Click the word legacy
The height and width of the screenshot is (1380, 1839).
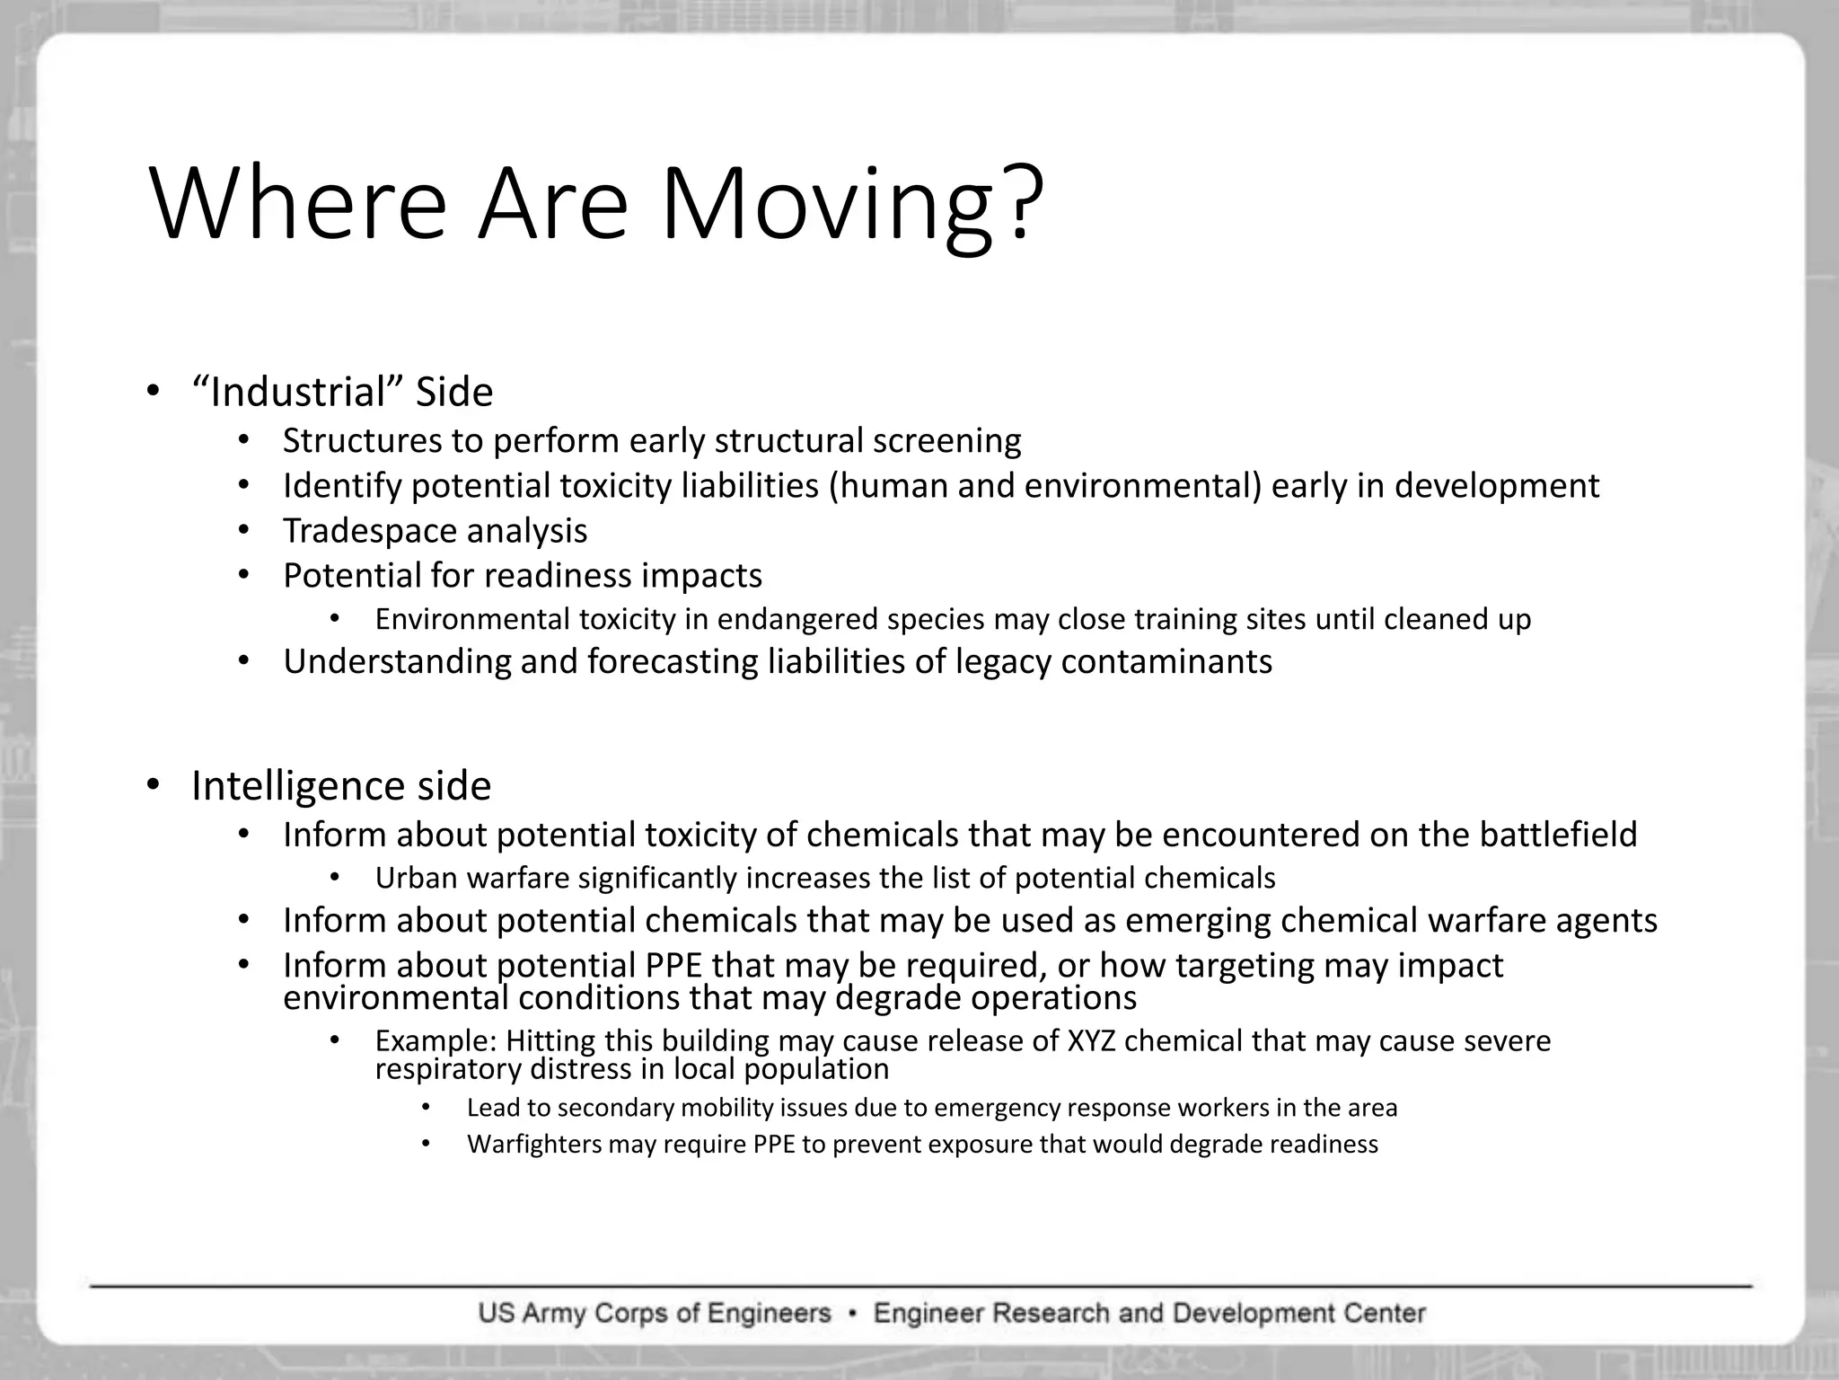[1002, 662]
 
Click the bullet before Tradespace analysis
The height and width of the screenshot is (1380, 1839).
[243, 530]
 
